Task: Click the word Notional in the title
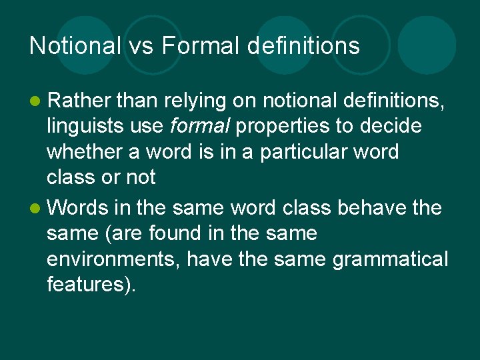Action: pyautogui.click(x=75, y=46)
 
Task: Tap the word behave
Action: pyautogui.click(x=369, y=208)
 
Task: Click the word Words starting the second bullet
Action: pyautogui.click(x=78, y=208)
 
